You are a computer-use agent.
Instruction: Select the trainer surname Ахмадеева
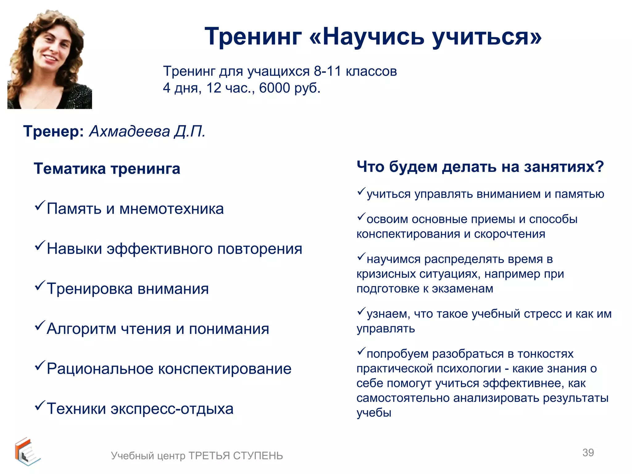[x=129, y=131]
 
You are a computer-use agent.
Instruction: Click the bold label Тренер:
[x=53, y=131]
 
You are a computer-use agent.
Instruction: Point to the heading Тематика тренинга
[x=107, y=169]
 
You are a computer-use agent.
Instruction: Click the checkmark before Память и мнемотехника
[x=40, y=206]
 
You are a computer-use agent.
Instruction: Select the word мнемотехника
[x=171, y=209]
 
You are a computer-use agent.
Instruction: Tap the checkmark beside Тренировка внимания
[x=40, y=285]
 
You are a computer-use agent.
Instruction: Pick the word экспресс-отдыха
[x=172, y=409]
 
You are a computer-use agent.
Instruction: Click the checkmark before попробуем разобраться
[x=361, y=351]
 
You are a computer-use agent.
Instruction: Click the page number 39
[x=588, y=453]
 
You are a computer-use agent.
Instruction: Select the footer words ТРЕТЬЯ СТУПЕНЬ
[x=235, y=456]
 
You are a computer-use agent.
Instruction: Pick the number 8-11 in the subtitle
[x=327, y=72]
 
